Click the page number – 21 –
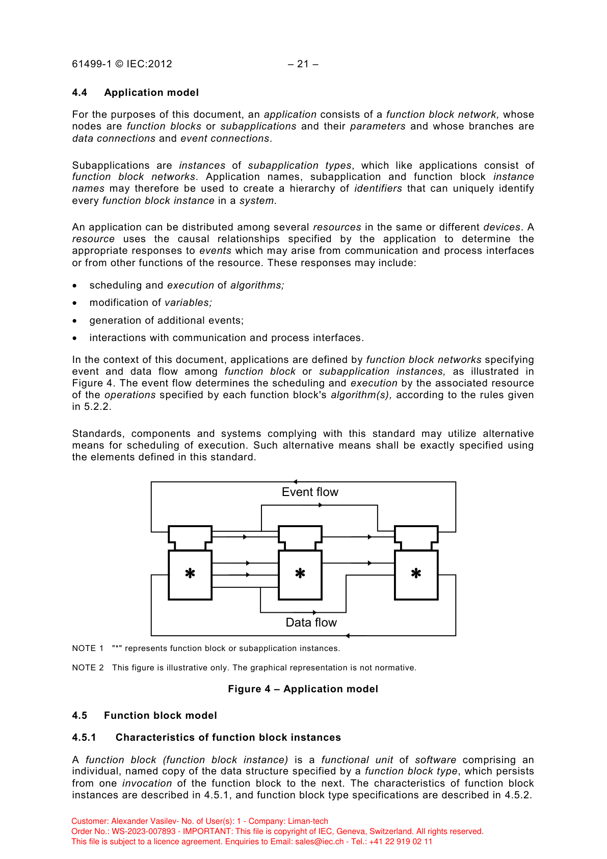tap(303, 64)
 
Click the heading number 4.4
tap(80, 93)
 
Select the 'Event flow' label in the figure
tap(310, 492)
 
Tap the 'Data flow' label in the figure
tap(311, 622)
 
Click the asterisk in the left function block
tap(190, 574)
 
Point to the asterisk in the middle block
tap(300, 574)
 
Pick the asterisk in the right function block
tap(416, 574)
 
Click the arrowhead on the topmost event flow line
tap(295, 482)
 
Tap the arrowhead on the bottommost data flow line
tap(348, 636)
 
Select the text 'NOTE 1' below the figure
tap(88, 648)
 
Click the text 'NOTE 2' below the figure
tap(88, 668)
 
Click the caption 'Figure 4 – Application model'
tap(303, 689)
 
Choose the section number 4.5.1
tap(84, 738)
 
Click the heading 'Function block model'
tap(161, 716)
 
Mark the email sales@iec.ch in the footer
tap(319, 842)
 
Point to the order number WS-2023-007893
tap(144, 831)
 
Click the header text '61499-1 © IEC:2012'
tap(122, 64)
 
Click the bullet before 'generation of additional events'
tap(75, 321)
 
